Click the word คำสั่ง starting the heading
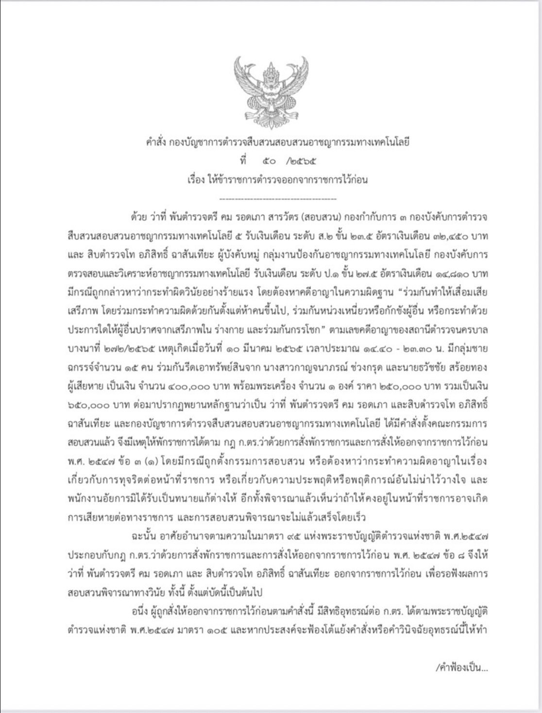[156, 142]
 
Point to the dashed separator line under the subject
[278, 199]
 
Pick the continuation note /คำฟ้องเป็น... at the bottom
[461, 668]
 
